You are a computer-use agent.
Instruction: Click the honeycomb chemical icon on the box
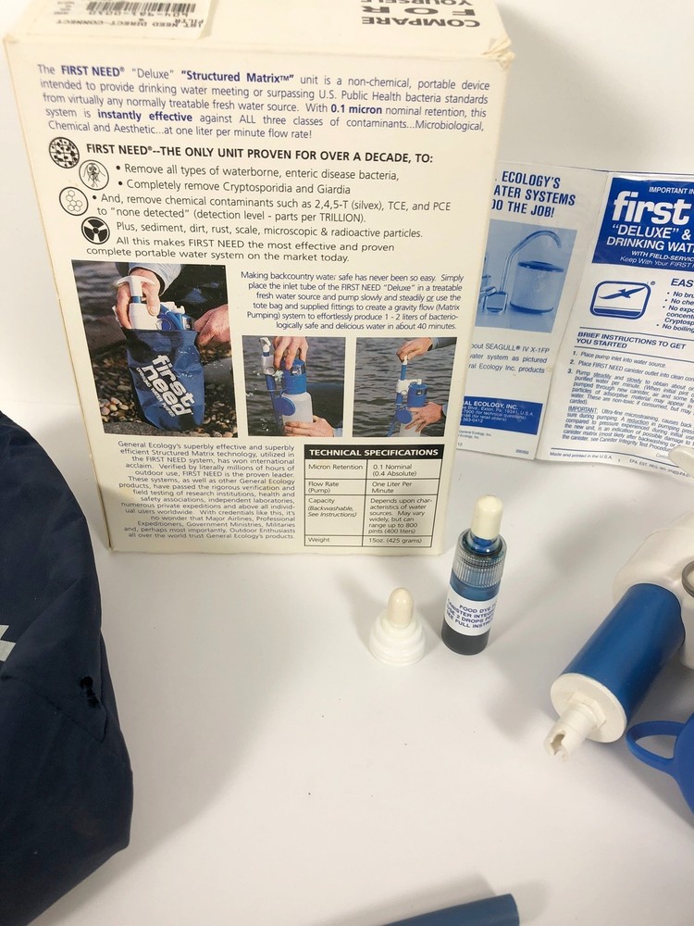click(x=73, y=201)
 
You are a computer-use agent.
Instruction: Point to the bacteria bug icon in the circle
click(x=94, y=174)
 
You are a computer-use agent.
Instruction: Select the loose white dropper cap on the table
click(x=398, y=630)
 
